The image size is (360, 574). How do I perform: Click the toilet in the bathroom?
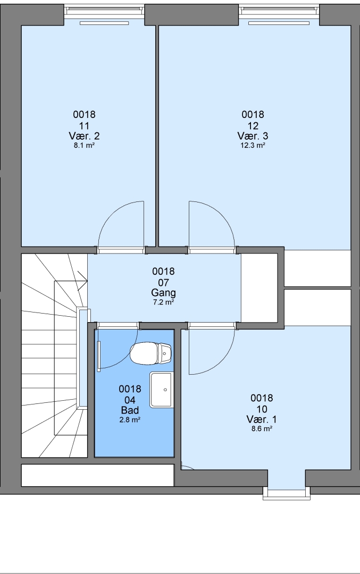151,353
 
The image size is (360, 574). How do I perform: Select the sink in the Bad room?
161,390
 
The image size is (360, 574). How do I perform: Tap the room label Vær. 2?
84,136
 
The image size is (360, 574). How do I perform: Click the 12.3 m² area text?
253,145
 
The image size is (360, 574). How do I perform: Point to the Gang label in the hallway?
163,293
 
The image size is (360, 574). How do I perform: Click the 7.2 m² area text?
163,302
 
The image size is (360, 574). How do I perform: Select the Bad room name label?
130,410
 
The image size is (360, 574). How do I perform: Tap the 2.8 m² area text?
130,420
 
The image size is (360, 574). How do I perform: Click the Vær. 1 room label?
262,419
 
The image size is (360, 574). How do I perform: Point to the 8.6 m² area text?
262,429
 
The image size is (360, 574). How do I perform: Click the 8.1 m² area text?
84,145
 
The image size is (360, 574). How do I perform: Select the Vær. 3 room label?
253,136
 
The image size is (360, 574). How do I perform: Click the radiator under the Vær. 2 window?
104,23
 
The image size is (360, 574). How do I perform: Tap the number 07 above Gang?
163,283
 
